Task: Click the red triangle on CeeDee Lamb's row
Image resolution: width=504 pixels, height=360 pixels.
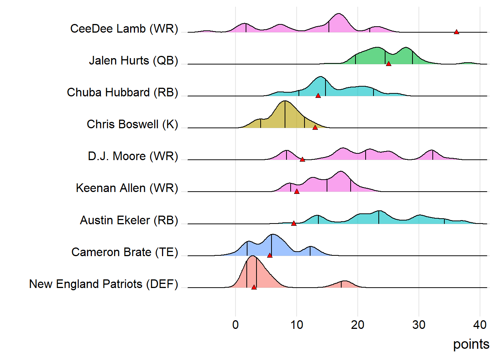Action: click(456, 32)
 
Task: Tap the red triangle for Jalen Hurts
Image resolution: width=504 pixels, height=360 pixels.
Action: click(388, 64)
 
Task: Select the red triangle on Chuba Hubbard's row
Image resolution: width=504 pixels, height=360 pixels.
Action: click(318, 96)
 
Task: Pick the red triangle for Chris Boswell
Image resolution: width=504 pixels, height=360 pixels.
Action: click(315, 127)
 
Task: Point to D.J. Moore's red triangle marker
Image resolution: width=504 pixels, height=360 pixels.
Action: click(302, 159)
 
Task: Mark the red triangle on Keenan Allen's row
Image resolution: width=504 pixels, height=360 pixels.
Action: click(297, 191)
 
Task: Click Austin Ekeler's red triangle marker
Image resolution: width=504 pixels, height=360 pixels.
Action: click(294, 223)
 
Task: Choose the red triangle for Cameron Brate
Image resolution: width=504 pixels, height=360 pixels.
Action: click(270, 255)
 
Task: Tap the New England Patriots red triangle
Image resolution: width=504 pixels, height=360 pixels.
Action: click(254, 287)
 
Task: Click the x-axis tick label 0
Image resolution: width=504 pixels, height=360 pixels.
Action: click(235, 325)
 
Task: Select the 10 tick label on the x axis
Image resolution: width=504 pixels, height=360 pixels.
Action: click(297, 325)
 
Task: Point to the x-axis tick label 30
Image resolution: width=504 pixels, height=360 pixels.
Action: click(419, 325)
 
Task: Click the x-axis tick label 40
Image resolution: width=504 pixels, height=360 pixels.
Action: click(480, 325)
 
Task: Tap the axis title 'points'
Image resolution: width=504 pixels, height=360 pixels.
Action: click(471, 344)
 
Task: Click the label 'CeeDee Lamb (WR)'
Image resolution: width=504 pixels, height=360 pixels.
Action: click(124, 29)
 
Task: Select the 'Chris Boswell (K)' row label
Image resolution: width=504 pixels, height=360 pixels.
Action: click(132, 124)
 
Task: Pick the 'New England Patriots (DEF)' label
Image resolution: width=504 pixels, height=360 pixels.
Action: click(103, 284)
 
